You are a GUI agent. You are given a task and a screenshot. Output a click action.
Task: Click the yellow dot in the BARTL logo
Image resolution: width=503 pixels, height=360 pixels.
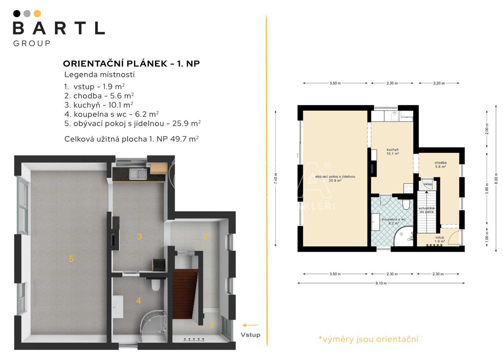click(x=37, y=14)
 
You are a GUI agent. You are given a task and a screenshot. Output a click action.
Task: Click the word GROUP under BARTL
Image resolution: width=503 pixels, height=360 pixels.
click(x=32, y=43)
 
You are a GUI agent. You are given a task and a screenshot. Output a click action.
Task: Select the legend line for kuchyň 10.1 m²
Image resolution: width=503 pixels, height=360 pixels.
click(x=99, y=105)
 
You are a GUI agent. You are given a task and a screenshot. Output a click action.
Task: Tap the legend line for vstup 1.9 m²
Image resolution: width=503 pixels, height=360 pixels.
click(x=94, y=86)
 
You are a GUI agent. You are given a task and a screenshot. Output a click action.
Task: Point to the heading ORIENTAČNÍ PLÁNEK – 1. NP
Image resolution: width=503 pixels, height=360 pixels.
click(x=131, y=63)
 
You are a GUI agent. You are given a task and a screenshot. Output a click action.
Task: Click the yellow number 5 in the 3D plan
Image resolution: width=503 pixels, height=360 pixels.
click(x=71, y=259)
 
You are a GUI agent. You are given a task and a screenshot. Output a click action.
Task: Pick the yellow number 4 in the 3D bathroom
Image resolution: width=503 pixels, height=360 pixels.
click(x=139, y=301)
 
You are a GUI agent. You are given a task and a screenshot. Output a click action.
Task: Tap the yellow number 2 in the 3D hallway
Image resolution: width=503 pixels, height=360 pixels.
click(x=205, y=237)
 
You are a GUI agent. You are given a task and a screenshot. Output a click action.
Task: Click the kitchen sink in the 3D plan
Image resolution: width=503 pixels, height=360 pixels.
click(x=138, y=174)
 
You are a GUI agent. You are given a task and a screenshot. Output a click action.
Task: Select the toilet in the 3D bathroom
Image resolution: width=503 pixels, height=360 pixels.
click(x=155, y=284)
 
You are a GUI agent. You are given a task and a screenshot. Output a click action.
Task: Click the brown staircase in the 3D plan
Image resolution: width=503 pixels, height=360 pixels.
click(x=185, y=294)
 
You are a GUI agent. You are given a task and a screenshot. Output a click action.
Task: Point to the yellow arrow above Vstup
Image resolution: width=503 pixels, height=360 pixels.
click(x=250, y=325)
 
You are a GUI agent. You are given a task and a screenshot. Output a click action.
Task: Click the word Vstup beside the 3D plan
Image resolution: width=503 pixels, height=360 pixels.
click(x=250, y=335)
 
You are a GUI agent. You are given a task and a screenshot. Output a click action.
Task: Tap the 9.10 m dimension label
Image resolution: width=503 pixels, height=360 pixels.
click(x=381, y=283)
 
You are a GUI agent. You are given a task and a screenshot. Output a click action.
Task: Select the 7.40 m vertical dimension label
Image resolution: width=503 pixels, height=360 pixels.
click(x=275, y=179)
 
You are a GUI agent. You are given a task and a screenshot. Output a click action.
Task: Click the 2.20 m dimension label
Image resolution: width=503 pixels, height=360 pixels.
click(x=439, y=83)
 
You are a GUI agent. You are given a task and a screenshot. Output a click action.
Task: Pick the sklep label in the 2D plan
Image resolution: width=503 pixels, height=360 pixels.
click(x=428, y=184)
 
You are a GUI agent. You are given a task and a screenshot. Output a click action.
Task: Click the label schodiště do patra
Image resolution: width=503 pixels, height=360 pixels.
click(x=427, y=210)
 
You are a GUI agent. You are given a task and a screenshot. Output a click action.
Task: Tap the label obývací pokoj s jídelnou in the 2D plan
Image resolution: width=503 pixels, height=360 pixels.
click(x=335, y=177)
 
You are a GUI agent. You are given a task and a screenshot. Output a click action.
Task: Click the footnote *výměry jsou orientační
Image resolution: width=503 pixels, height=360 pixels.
click(x=368, y=339)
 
